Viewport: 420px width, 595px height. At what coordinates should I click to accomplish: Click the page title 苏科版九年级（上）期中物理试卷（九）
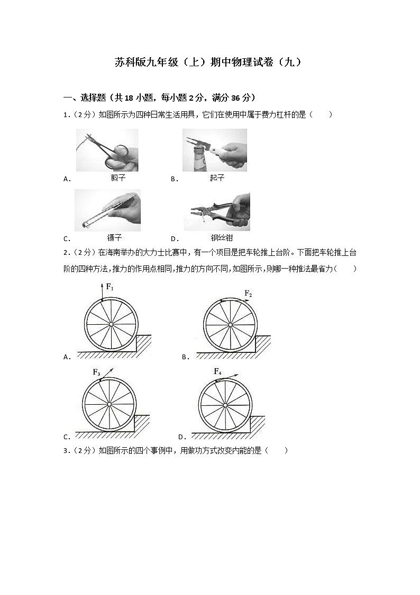click(209, 62)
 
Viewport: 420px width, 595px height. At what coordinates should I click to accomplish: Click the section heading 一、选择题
click(79, 97)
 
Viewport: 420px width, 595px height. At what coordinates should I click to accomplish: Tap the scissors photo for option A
click(107, 150)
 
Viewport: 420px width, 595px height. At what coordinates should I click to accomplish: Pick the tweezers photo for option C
click(107, 210)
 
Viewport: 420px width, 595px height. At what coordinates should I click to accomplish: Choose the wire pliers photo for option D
click(217, 211)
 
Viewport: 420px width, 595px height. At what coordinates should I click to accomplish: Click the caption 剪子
click(118, 178)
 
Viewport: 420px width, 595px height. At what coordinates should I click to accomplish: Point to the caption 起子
click(217, 178)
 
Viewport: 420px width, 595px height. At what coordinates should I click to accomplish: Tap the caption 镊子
click(114, 238)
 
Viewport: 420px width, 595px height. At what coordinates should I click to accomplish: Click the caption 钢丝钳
click(222, 238)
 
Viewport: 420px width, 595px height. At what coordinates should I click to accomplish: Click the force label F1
click(109, 287)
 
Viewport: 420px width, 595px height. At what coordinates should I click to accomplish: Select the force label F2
click(248, 294)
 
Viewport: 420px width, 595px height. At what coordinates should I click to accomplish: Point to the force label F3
click(97, 372)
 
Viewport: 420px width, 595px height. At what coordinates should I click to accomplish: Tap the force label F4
click(217, 371)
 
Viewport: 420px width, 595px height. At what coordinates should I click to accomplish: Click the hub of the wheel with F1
click(111, 324)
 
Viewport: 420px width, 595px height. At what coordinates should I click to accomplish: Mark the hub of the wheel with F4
click(225, 405)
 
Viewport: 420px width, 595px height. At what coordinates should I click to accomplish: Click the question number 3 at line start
click(65, 451)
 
